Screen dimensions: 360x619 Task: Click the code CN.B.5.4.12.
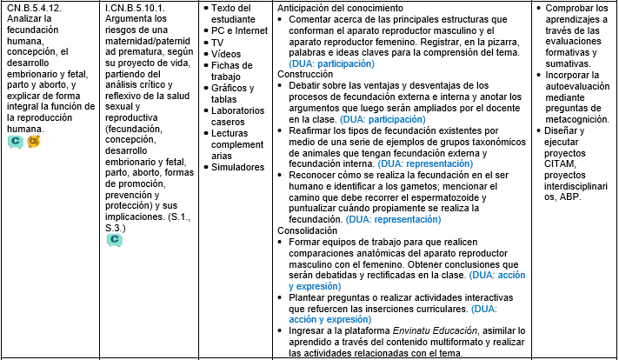[36, 8]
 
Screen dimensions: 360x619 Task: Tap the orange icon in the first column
[34, 141]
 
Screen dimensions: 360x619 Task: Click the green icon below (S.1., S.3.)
[113, 239]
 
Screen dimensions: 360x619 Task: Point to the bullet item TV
[217, 42]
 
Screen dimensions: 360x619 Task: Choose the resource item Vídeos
[227, 54]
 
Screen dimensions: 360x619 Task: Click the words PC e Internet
[240, 30]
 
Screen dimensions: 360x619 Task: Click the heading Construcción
[304, 75]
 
